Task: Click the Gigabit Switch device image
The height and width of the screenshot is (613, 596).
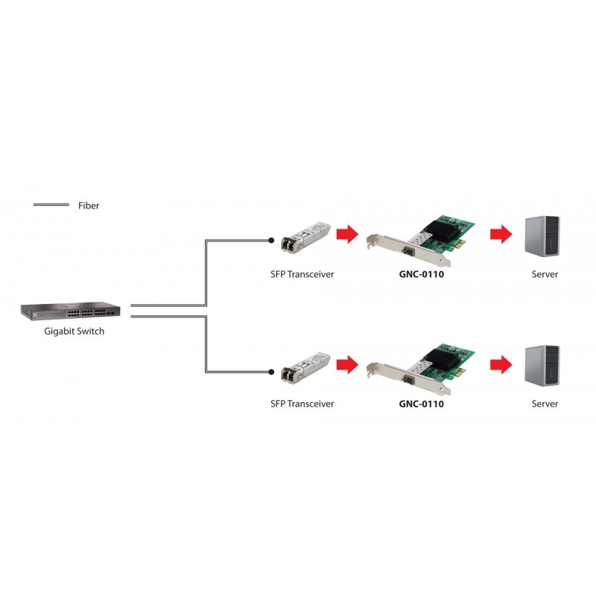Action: (x=70, y=311)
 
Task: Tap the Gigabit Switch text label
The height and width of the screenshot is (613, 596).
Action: (x=74, y=331)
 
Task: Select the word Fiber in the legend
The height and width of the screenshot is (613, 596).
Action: (x=89, y=206)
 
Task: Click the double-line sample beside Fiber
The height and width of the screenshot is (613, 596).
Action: (x=51, y=205)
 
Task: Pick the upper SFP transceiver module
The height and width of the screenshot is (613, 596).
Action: (x=305, y=238)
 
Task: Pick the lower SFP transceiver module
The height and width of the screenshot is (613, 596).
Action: (x=305, y=368)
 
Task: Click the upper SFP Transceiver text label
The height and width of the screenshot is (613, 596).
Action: (x=302, y=274)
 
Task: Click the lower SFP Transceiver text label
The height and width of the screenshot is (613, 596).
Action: (x=302, y=404)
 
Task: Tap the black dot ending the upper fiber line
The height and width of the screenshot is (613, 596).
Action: (x=271, y=241)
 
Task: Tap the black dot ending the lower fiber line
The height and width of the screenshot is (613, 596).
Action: (x=271, y=372)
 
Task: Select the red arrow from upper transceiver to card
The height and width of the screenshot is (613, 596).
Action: (x=348, y=234)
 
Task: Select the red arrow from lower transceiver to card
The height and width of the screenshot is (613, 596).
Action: (x=348, y=364)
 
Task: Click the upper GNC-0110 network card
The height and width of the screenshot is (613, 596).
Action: (x=421, y=241)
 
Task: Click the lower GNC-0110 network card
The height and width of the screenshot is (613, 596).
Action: (x=421, y=370)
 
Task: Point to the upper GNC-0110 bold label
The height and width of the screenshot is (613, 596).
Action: (x=422, y=274)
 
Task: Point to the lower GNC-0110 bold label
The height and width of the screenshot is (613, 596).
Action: (x=422, y=404)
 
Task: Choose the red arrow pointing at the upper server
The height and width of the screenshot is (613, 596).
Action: (x=501, y=234)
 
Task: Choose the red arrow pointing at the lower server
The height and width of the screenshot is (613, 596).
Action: (x=501, y=364)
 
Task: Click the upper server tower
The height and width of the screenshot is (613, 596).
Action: (x=542, y=236)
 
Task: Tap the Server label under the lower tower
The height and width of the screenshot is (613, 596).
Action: (x=545, y=404)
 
